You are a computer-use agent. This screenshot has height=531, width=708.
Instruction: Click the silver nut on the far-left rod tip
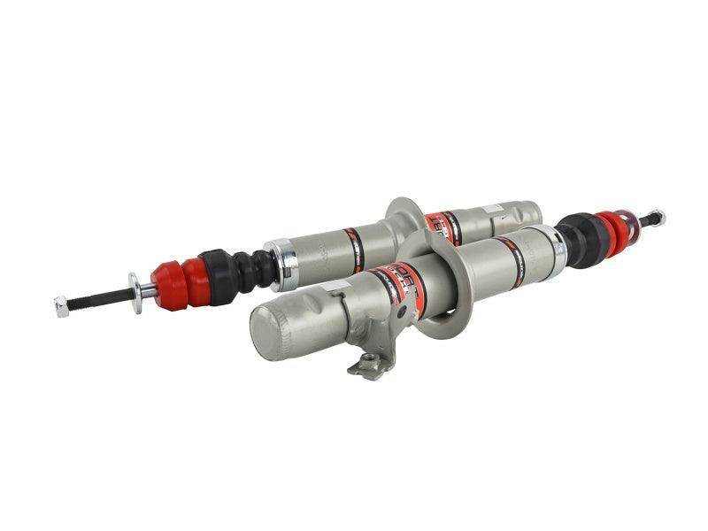point(61,307)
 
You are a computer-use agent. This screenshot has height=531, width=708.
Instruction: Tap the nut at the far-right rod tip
point(656,217)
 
